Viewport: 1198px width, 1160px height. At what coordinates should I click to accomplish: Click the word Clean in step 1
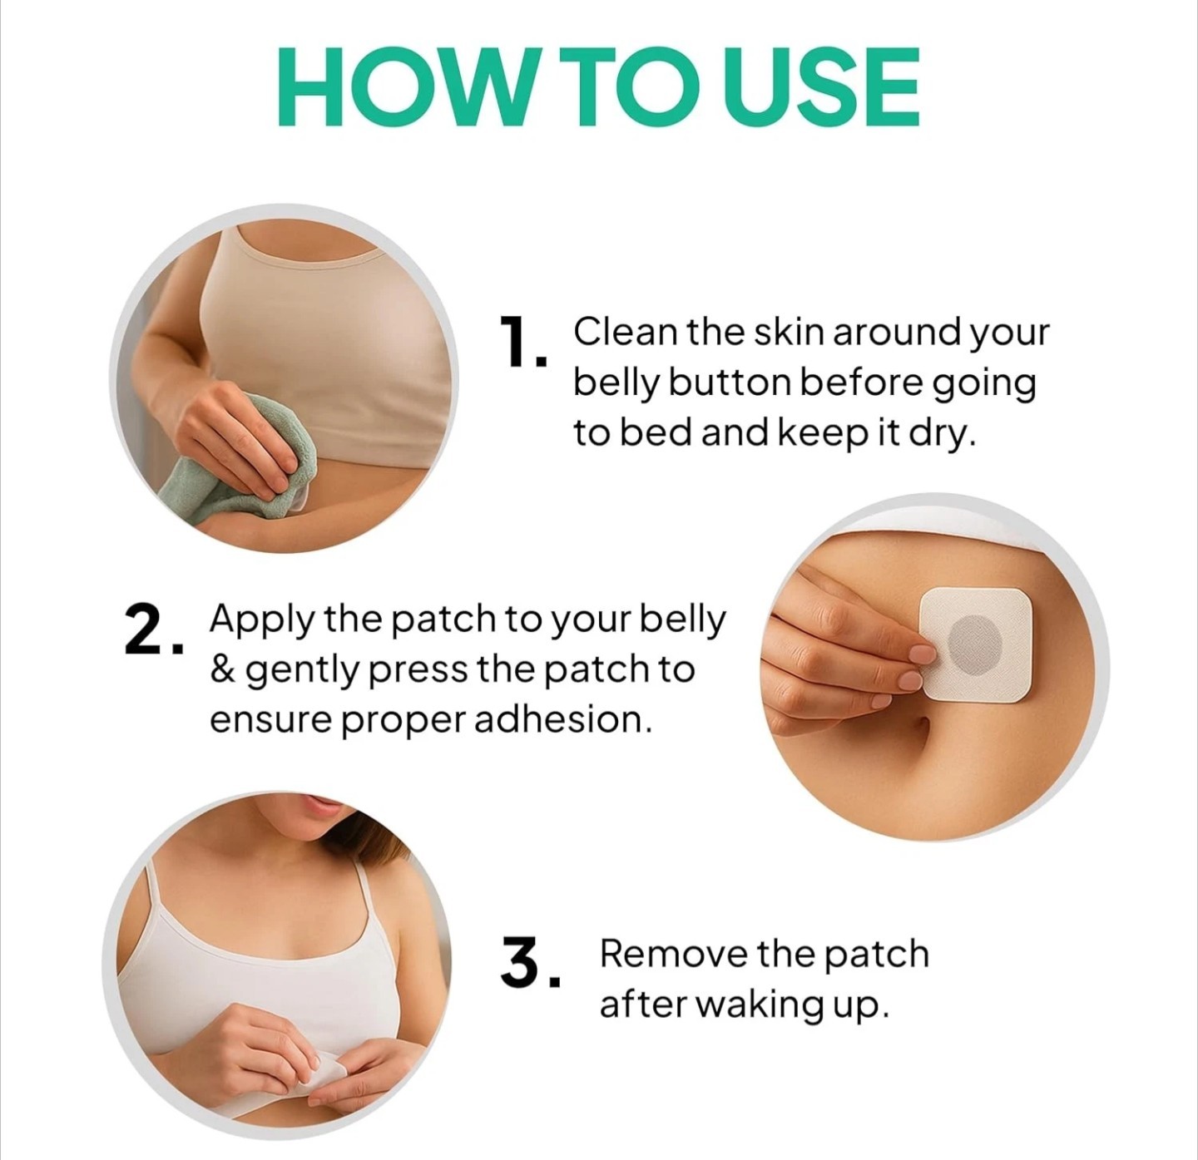pos(626,333)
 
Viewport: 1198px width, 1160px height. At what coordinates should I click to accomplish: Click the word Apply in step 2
pos(261,620)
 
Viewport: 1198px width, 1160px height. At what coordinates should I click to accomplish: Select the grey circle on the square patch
pos(974,644)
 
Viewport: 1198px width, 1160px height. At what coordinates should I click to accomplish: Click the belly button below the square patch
pos(921,728)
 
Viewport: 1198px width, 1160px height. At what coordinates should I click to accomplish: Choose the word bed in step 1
pos(656,434)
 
